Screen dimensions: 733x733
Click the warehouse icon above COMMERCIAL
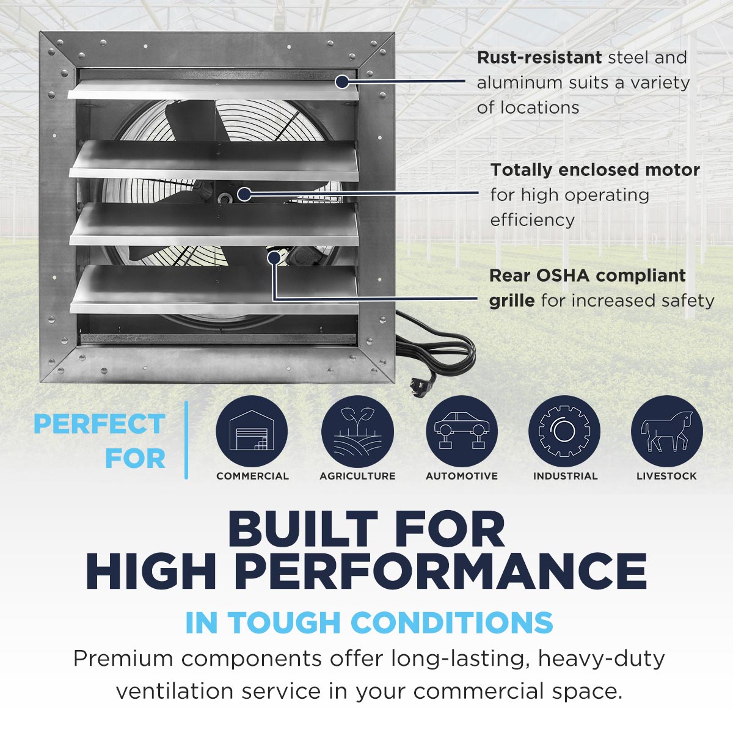pyautogui.click(x=252, y=431)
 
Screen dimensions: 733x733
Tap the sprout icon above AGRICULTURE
pyautogui.click(x=357, y=431)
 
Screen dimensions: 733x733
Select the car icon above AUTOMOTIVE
pyautogui.click(x=461, y=431)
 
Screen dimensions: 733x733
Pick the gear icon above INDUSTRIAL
pyautogui.click(x=564, y=431)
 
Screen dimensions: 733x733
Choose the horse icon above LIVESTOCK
pyautogui.click(x=667, y=431)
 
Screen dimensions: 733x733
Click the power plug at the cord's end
pyautogui.click(x=421, y=384)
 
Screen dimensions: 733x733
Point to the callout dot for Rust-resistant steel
pyautogui.click(x=342, y=81)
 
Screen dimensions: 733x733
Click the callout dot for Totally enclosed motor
pyautogui.click(x=244, y=194)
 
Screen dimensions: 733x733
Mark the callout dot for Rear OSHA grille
pyautogui.click(x=274, y=258)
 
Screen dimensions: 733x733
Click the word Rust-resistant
pyautogui.click(x=539, y=58)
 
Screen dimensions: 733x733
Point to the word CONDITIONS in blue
pyautogui.click(x=451, y=622)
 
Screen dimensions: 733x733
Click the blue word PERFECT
pyautogui.click(x=100, y=424)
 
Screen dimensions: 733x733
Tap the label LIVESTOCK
pyautogui.click(x=667, y=476)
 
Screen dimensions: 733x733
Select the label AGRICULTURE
pyautogui.click(x=357, y=476)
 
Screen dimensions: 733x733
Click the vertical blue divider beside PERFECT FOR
pyautogui.click(x=186, y=440)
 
